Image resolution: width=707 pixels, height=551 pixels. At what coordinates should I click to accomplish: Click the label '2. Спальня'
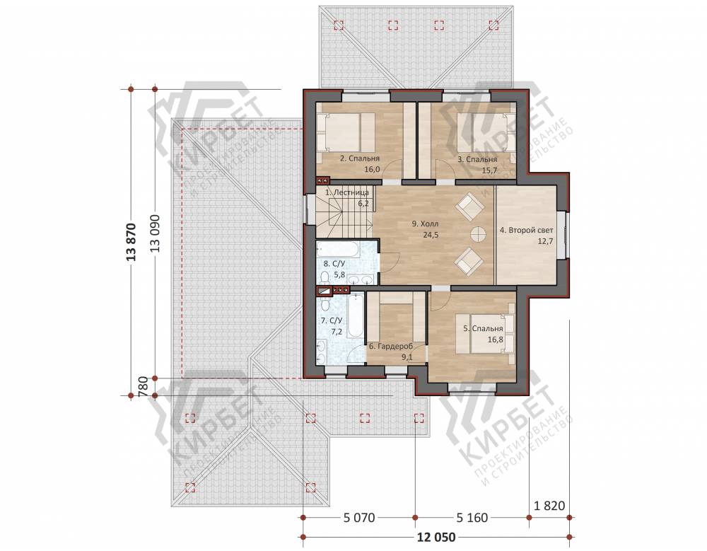tap(359, 158)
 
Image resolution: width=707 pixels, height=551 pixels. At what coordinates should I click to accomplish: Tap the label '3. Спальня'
tap(477, 159)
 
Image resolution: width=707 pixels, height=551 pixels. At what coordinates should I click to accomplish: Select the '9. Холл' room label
tap(425, 224)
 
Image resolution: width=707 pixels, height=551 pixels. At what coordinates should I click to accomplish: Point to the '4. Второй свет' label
tap(526, 230)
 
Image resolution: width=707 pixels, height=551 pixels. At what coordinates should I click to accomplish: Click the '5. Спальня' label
tap(483, 328)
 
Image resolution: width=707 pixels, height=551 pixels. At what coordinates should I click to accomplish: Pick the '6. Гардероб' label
tap(391, 347)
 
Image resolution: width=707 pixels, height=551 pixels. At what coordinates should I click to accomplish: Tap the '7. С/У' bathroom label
tap(332, 321)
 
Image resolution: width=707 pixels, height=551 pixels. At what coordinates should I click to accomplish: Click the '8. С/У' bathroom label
tap(334, 264)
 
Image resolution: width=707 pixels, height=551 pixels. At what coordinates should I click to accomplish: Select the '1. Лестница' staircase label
tap(346, 192)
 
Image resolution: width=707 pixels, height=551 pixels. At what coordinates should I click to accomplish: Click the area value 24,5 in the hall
tap(431, 235)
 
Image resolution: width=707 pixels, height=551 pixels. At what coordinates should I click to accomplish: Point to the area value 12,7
tap(545, 241)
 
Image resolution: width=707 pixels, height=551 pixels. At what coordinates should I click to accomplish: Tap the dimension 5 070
tap(359, 518)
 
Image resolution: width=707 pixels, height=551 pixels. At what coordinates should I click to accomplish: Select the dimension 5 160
tap(472, 518)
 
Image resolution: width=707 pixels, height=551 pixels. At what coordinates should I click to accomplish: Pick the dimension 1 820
tap(549, 506)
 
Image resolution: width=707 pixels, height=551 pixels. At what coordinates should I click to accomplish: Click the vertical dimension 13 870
tap(131, 243)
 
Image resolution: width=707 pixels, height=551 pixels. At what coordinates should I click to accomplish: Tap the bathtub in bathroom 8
tap(338, 249)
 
